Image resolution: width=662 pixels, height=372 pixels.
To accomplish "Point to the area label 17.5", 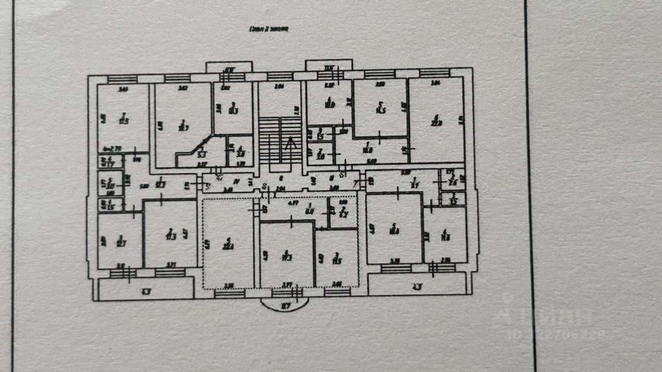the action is click(x=124, y=120).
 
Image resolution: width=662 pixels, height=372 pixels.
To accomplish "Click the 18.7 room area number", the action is click(x=182, y=126).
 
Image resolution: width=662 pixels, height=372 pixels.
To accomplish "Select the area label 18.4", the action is click(x=394, y=231).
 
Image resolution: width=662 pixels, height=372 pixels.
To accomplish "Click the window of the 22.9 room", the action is click(x=434, y=73).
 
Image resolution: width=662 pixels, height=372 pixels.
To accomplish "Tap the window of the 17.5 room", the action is click(x=123, y=79).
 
